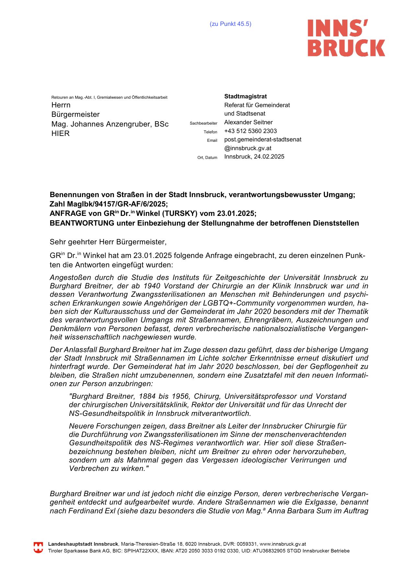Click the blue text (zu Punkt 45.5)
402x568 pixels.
(230, 24)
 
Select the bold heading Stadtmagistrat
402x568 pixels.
(245, 96)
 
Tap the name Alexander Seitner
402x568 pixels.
(248, 122)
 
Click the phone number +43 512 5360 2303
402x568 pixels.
(250, 131)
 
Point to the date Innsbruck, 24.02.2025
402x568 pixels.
(254, 157)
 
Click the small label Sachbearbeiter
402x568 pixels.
(203, 123)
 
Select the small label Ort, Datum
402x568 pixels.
(207, 158)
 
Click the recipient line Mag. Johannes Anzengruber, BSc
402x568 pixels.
(110, 124)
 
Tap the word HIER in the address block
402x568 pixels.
(61, 133)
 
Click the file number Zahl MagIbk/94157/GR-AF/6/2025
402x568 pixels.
(109, 204)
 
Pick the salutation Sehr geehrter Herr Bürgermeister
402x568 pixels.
(108, 242)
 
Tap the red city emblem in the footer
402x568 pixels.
(38, 548)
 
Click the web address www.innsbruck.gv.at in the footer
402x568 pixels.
(283, 544)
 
